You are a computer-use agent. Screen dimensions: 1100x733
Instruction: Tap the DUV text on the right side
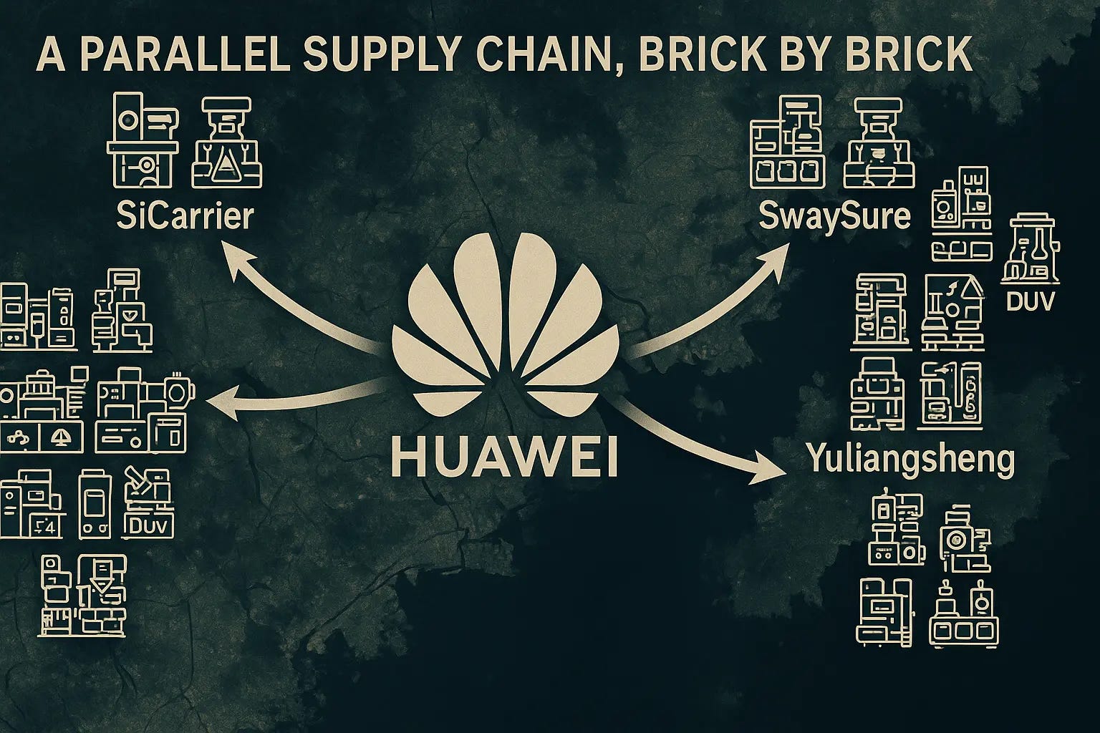click(x=1031, y=301)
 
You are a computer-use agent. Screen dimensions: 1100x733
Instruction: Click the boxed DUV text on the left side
click(x=150, y=527)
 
